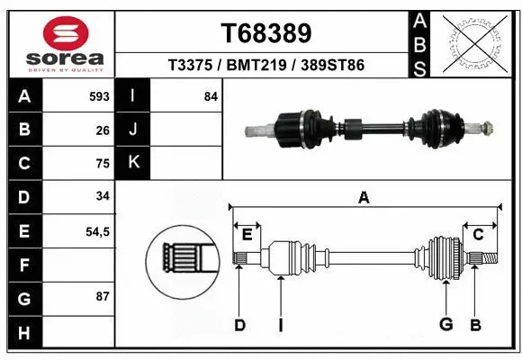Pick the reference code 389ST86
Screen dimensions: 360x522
[333, 66]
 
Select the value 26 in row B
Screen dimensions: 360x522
[102, 130]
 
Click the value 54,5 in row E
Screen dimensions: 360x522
[97, 232]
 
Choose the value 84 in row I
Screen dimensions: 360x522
[211, 96]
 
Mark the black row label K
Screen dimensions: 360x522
[133, 163]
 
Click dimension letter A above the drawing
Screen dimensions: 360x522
[364, 198]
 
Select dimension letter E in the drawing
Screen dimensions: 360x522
[246, 235]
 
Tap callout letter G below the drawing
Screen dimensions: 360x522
[445, 325]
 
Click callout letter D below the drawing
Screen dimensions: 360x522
[239, 325]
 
